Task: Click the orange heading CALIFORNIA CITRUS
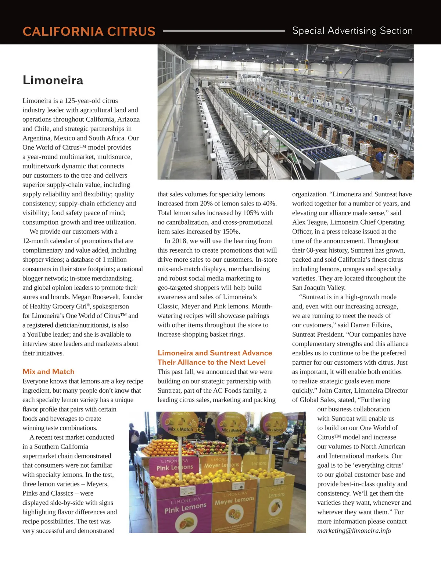pos(89,31)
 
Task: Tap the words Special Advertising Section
pos(352,31)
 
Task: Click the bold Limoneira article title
pos(53,80)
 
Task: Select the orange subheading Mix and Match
pos(49,371)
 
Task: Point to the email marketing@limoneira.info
pos(354,530)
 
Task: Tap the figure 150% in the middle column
pos(230,231)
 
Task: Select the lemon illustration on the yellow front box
pos(275,508)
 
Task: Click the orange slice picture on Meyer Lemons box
pos(235,514)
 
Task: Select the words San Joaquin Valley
pos(319,287)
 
